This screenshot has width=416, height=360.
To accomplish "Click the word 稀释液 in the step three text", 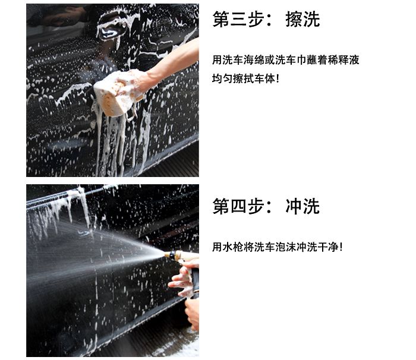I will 345,60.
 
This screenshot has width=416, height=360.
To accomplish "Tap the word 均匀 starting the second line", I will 222,78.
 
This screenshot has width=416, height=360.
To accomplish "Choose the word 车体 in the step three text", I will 264,78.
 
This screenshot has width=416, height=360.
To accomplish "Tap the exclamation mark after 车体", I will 278,78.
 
